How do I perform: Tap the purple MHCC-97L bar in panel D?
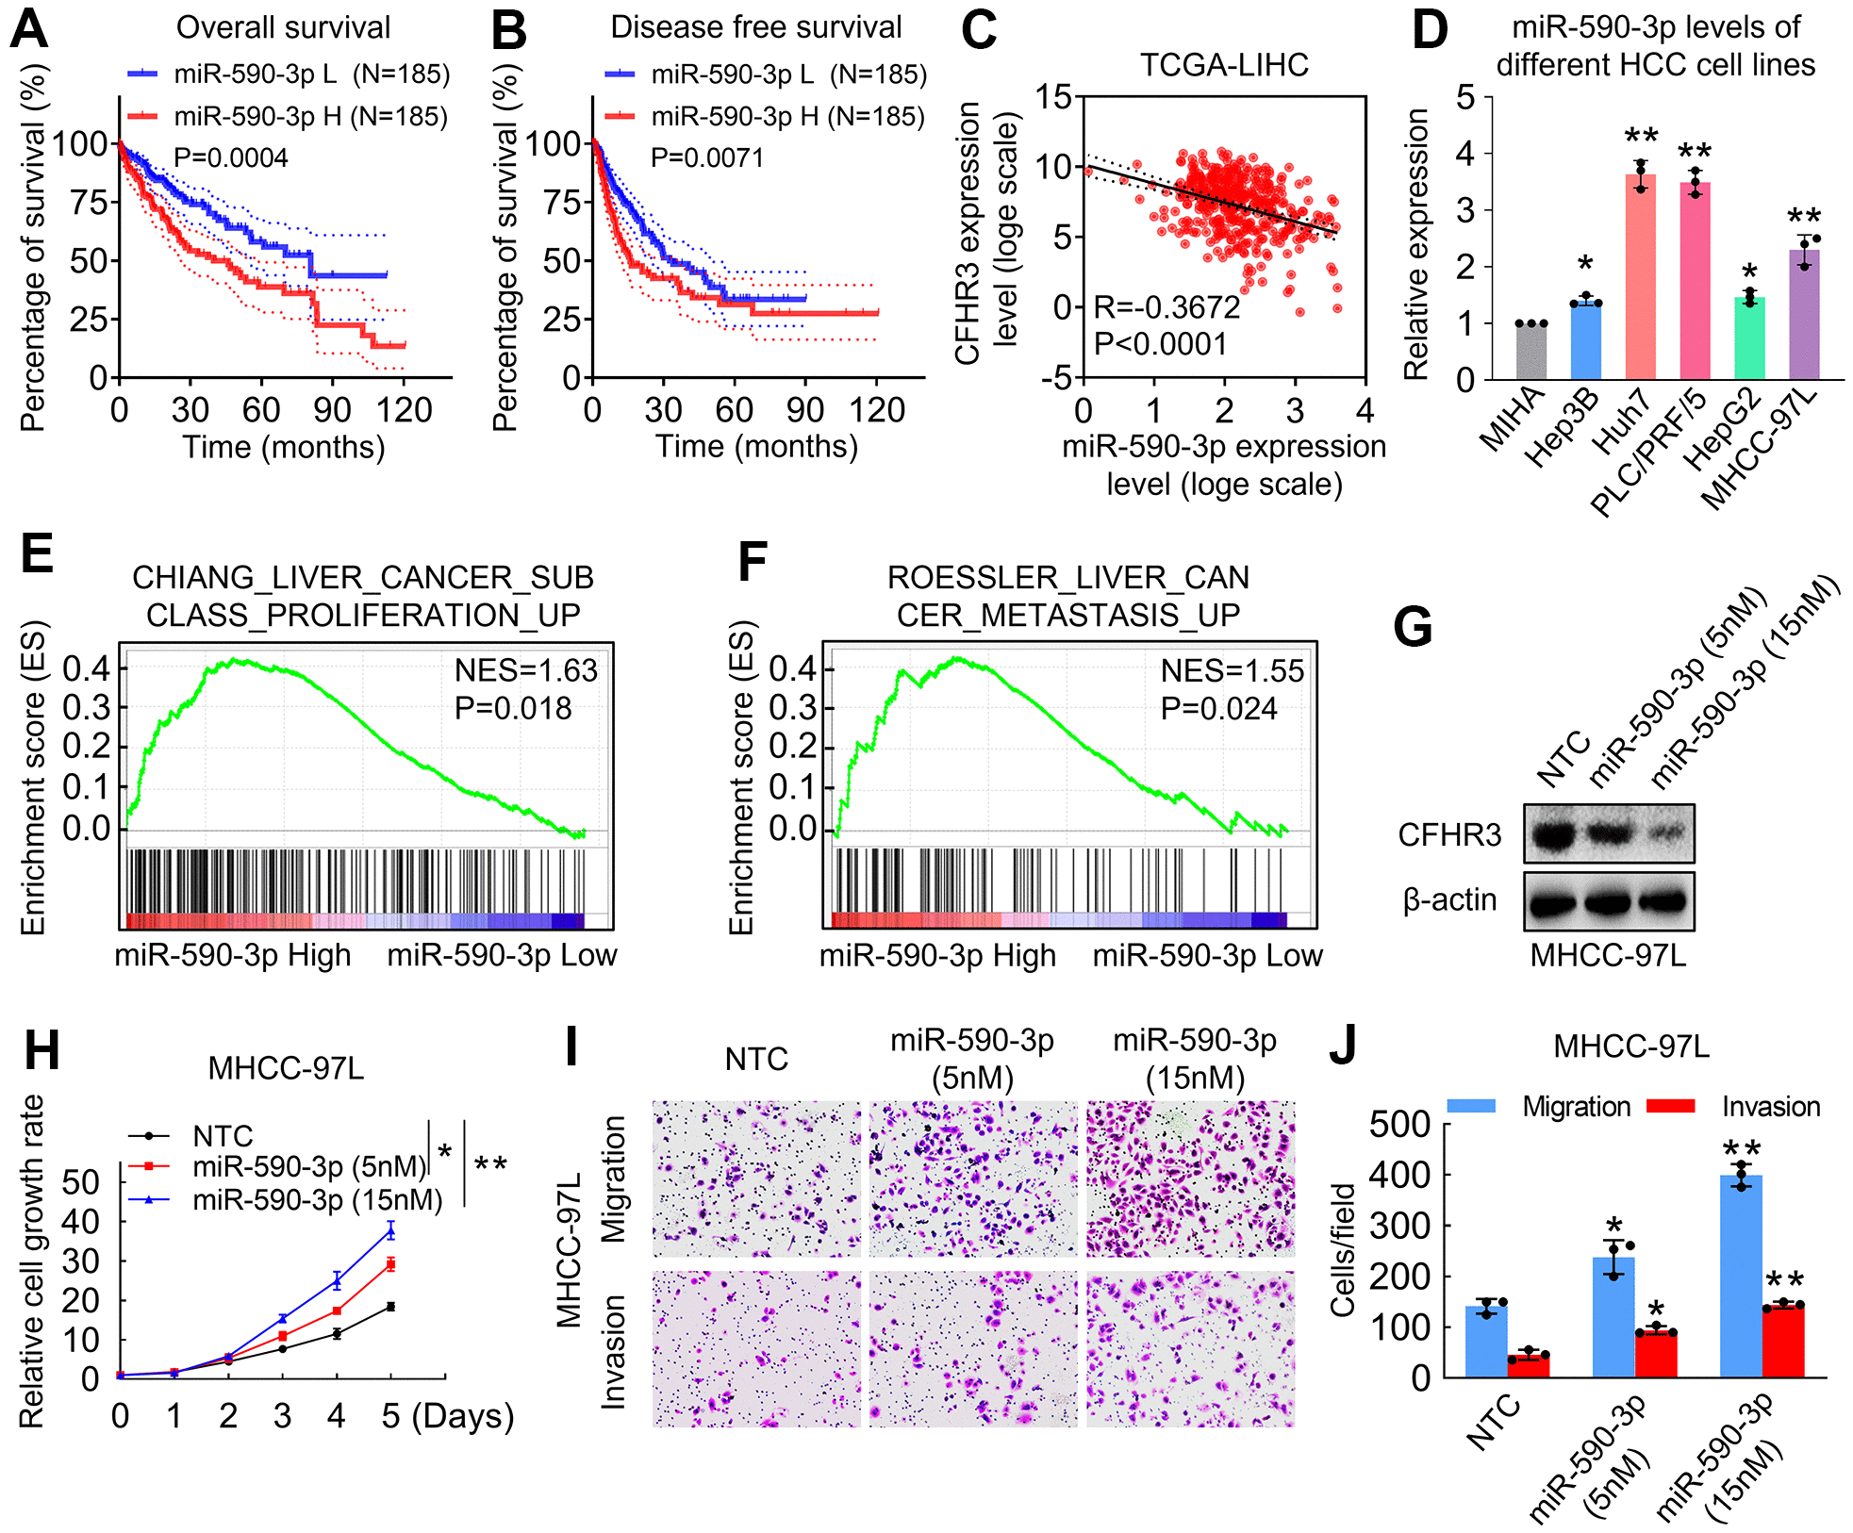point(1803,316)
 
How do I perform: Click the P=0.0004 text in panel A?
point(231,157)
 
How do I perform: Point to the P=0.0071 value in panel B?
point(707,157)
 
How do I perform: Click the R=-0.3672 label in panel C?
point(1166,307)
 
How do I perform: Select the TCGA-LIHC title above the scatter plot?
point(1224,65)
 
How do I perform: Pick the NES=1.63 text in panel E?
point(525,670)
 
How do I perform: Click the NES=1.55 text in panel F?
point(1232,670)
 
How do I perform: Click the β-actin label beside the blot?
point(1449,900)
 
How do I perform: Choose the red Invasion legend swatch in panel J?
point(1670,1106)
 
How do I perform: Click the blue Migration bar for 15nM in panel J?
point(1741,1277)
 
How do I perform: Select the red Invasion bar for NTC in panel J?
point(1529,1366)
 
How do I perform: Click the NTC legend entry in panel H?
point(223,1136)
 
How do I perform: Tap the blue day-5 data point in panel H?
point(390,1230)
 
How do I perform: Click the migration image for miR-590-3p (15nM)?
point(1190,1179)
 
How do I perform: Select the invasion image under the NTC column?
point(756,1348)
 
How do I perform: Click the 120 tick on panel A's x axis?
point(405,410)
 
